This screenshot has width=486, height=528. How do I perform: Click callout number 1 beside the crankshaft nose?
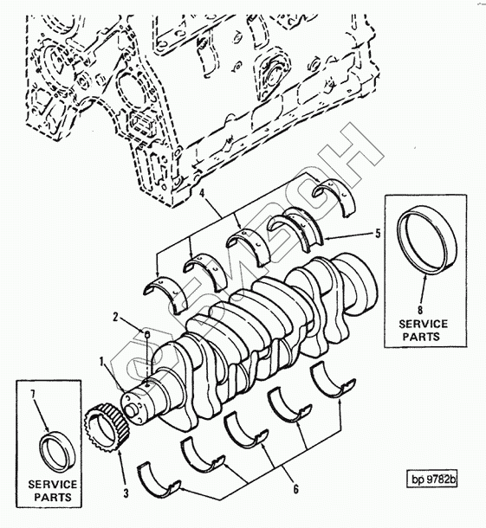(x=101, y=362)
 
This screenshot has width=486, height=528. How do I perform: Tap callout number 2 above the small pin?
(x=115, y=317)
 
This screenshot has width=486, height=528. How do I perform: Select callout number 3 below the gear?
(x=126, y=493)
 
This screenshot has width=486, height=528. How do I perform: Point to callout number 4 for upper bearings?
(x=202, y=194)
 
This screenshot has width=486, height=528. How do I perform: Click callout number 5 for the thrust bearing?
(x=378, y=233)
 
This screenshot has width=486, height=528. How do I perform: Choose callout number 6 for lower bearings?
(x=295, y=488)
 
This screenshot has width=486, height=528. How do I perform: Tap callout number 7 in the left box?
(x=33, y=395)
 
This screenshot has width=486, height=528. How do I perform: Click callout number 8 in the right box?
(x=420, y=310)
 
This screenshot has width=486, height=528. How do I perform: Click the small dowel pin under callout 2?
(x=147, y=334)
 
